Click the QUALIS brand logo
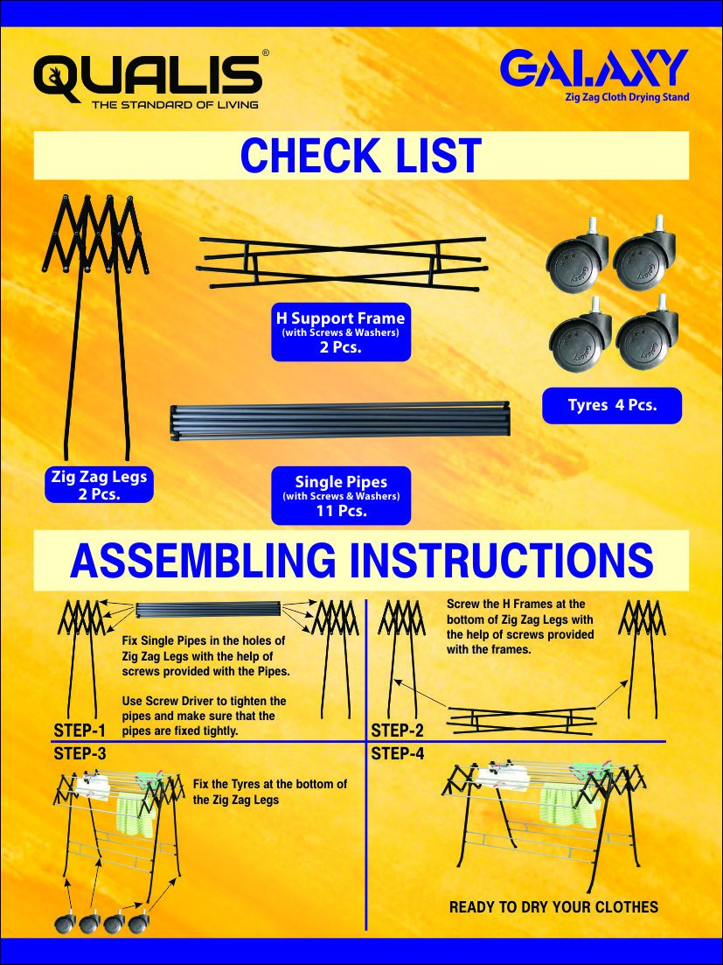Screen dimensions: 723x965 (x=149, y=79)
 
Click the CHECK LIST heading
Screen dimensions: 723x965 (x=361, y=156)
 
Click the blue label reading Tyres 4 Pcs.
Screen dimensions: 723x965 (x=612, y=406)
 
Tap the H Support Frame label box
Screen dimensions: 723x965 (x=341, y=332)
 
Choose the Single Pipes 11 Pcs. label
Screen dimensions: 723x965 (x=341, y=495)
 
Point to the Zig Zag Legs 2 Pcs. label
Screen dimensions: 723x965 (x=99, y=485)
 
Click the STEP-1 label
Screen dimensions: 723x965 (x=80, y=731)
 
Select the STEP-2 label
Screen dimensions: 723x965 (x=397, y=731)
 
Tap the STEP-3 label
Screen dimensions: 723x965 (x=80, y=753)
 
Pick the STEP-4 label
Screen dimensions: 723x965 (x=397, y=753)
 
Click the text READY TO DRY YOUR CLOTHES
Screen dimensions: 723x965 (x=553, y=907)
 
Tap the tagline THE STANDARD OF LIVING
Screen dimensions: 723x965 (x=175, y=105)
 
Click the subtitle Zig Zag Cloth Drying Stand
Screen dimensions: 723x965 (x=627, y=96)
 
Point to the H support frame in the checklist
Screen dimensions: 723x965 (x=342, y=262)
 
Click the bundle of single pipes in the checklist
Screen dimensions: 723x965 (x=339, y=420)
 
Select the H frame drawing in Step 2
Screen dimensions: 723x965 (x=521, y=720)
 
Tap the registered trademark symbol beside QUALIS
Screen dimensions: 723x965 (x=266, y=52)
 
